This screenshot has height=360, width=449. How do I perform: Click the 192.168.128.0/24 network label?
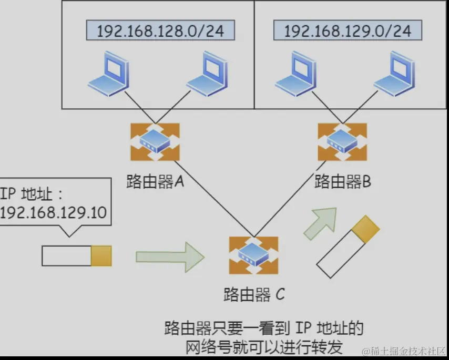(x=160, y=30)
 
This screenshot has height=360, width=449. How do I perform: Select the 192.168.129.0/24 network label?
(x=348, y=30)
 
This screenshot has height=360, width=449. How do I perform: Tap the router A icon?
(x=155, y=142)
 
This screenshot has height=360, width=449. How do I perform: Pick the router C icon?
(x=253, y=255)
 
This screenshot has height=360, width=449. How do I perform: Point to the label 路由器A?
(x=155, y=182)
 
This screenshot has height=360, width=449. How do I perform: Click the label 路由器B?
(x=342, y=182)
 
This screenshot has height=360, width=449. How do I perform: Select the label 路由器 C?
(x=254, y=294)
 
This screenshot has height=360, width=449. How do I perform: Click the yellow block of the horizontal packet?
(x=101, y=255)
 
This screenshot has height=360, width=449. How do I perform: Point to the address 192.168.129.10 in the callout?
(x=54, y=213)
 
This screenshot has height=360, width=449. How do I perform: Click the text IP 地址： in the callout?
(x=32, y=195)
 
